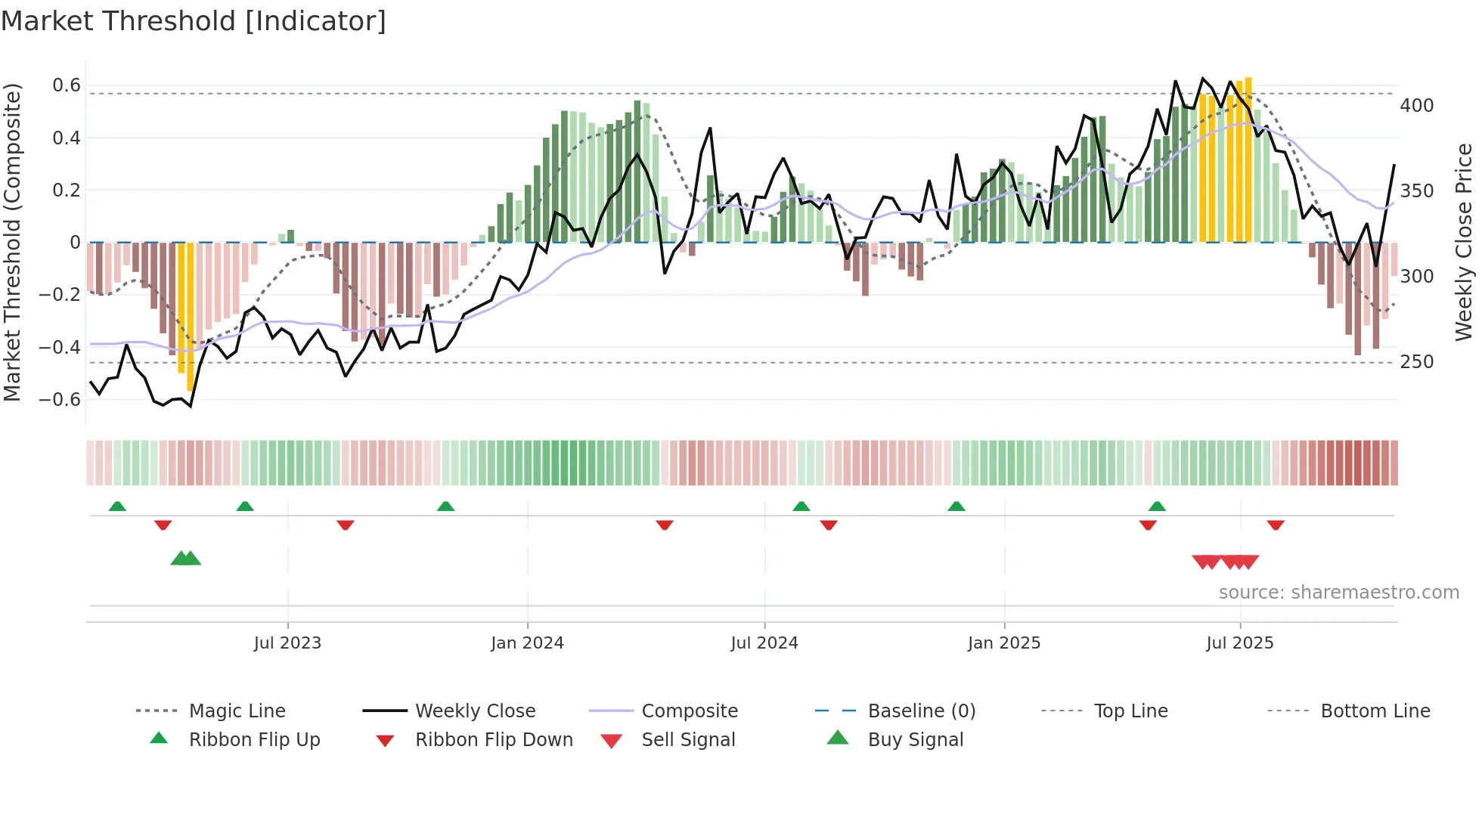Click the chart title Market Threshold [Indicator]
click(194, 21)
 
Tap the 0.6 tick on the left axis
click(67, 85)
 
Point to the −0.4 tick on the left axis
click(60, 347)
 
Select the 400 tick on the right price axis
click(1416, 106)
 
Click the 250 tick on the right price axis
click(1416, 362)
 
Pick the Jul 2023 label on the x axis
click(287, 643)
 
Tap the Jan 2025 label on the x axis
click(1003, 643)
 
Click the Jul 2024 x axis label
click(764, 643)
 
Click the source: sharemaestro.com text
click(1338, 593)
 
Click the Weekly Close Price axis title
click(1464, 242)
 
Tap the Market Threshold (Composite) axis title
click(13, 242)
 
